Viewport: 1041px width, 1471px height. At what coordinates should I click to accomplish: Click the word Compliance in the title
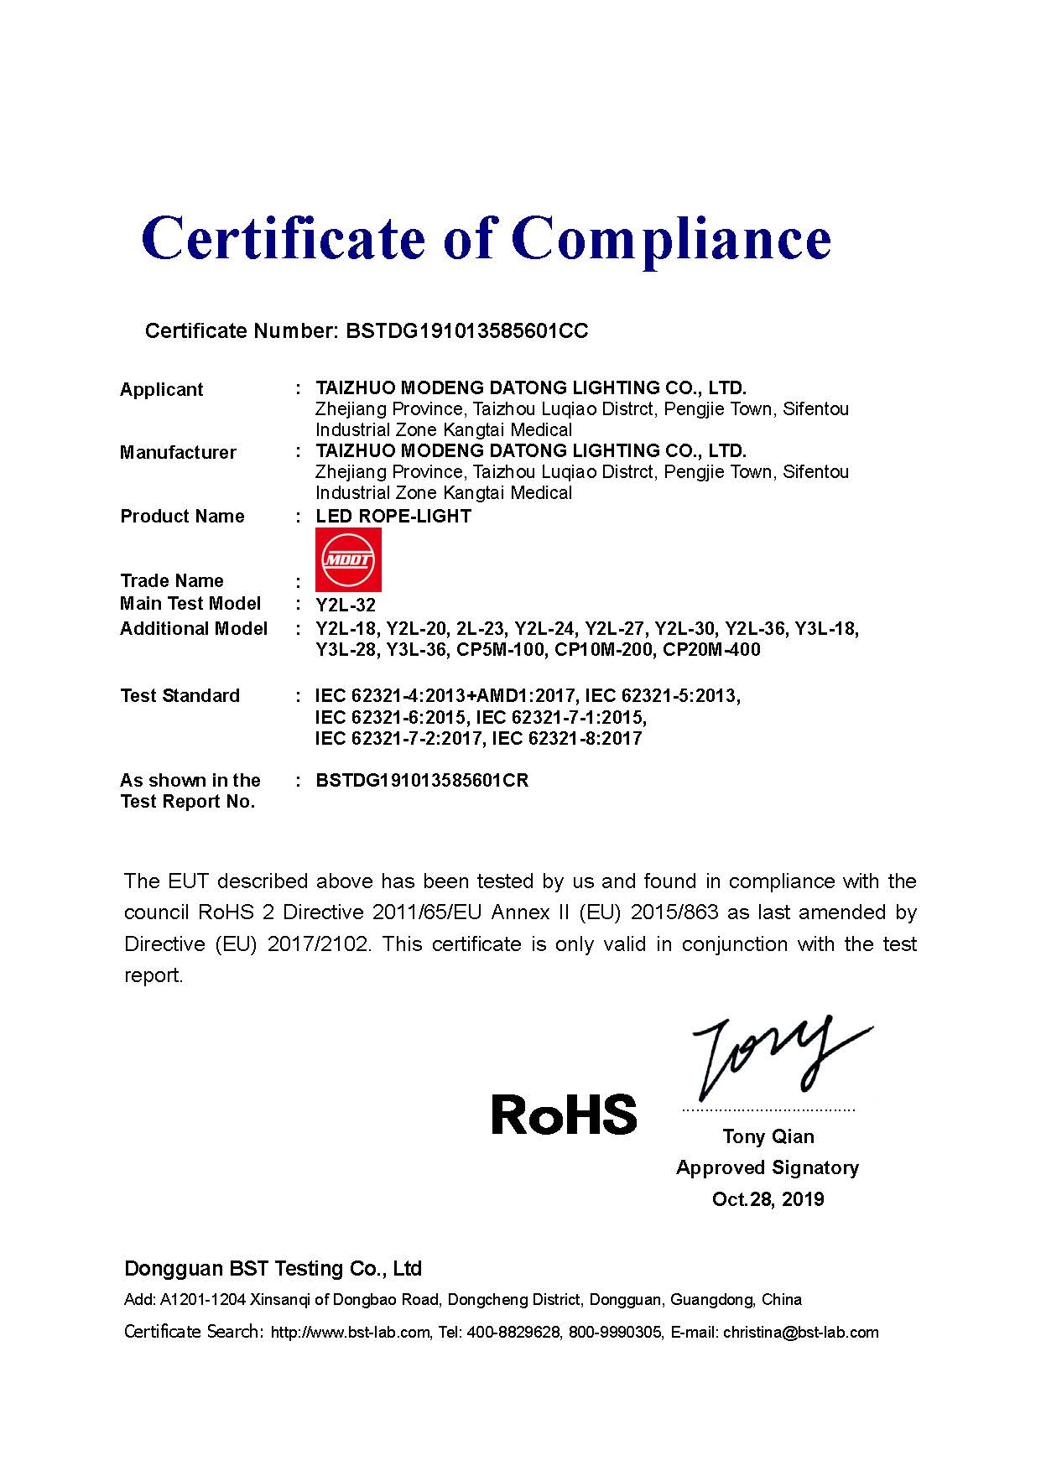click(x=671, y=239)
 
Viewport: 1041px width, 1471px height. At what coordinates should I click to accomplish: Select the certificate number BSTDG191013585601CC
click(x=466, y=331)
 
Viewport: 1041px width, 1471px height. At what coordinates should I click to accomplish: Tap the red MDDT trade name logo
click(x=348, y=559)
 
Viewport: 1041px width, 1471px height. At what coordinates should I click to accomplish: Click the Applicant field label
click(x=161, y=389)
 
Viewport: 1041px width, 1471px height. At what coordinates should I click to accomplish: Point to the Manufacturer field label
click(x=178, y=453)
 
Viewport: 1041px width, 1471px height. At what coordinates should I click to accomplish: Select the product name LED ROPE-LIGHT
click(x=393, y=517)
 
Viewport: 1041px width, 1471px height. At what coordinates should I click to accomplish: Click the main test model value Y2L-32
click(x=346, y=606)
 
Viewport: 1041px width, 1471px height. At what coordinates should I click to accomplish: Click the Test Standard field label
click(x=180, y=696)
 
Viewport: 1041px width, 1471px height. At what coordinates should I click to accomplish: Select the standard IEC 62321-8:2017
click(x=567, y=739)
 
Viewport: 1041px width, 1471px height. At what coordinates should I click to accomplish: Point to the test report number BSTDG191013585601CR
click(x=422, y=781)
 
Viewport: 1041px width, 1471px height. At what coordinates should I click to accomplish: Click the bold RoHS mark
click(x=564, y=1115)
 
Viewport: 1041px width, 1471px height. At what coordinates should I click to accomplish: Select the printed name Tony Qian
click(x=768, y=1136)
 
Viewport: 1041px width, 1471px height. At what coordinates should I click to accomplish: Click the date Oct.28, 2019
click(x=768, y=1199)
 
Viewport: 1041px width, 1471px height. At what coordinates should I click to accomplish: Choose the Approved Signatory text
click(x=768, y=1168)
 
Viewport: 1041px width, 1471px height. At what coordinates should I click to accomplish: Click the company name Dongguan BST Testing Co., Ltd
click(x=273, y=1268)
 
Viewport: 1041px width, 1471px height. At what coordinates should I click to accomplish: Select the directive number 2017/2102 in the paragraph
click(x=318, y=944)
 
